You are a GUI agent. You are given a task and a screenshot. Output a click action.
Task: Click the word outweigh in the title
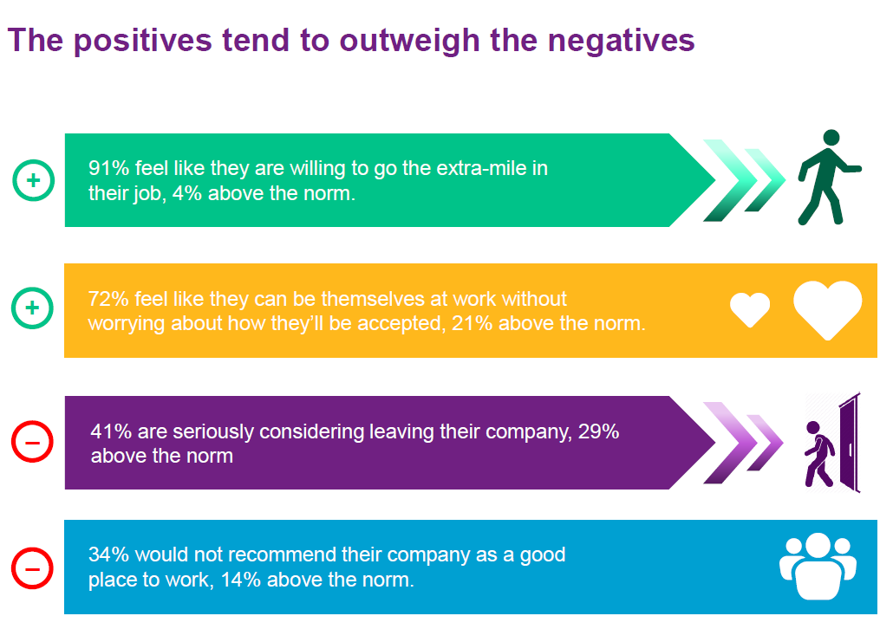pyautogui.click(x=409, y=42)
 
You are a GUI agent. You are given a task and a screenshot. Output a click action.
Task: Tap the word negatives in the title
pyautogui.click(x=622, y=41)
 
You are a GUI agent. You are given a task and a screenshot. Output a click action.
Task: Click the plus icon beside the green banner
pyautogui.click(x=34, y=180)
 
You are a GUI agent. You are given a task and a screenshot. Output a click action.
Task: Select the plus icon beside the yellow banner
pyautogui.click(x=32, y=308)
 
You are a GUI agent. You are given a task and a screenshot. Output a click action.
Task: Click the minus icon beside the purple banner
pyautogui.click(x=32, y=442)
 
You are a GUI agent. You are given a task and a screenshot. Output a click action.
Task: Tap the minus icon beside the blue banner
pyautogui.click(x=32, y=568)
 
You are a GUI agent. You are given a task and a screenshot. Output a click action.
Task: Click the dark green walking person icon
pyautogui.click(x=829, y=177)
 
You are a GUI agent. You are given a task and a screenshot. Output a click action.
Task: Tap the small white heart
pyautogui.click(x=750, y=309)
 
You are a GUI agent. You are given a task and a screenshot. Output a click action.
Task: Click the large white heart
pyautogui.click(x=827, y=310)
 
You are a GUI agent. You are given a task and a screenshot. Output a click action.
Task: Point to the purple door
pyautogui.click(x=850, y=442)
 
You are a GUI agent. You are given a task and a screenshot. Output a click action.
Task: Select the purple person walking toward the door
pyautogui.click(x=819, y=454)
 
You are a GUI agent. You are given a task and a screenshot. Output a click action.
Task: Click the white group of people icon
pyautogui.click(x=818, y=567)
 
